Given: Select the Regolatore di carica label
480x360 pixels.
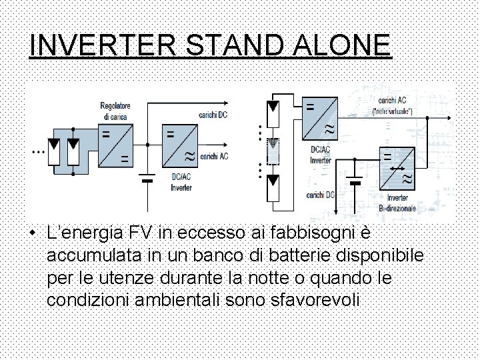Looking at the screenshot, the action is pyautogui.click(x=115, y=111).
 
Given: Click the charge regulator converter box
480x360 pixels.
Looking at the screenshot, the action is pyautogui.click(x=114, y=147).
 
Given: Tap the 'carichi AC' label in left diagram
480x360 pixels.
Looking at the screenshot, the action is pyautogui.click(x=213, y=155).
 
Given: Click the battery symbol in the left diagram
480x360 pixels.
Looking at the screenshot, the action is pyautogui.click(x=147, y=178).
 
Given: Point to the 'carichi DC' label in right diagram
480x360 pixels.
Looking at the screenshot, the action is pyautogui.click(x=321, y=195).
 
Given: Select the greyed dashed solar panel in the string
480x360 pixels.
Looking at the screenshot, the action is pyautogui.click(x=272, y=151).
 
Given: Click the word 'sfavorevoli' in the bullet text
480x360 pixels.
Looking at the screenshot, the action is pyautogui.click(x=317, y=299).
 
